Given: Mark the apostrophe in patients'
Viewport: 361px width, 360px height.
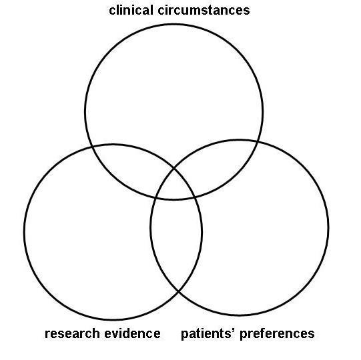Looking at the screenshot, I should pyautogui.click(x=226, y=329).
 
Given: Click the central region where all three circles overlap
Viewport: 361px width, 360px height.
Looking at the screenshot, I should pyautogui.click(x=176, y=185).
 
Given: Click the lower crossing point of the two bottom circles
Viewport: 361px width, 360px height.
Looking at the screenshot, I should pyautogui.click(x=179, y=291).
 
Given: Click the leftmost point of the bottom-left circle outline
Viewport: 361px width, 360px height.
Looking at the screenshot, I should pyautogui.click(x=24, y=231).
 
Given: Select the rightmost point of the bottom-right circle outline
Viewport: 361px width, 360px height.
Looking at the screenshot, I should pyautogui.click(x=328, y=227).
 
